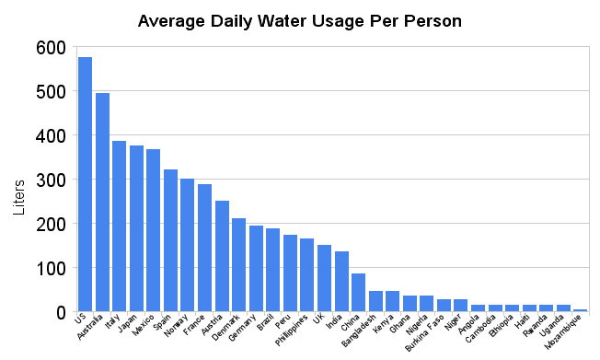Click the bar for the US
[85, 184]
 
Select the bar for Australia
[102, 203]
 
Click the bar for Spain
[170, 240]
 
